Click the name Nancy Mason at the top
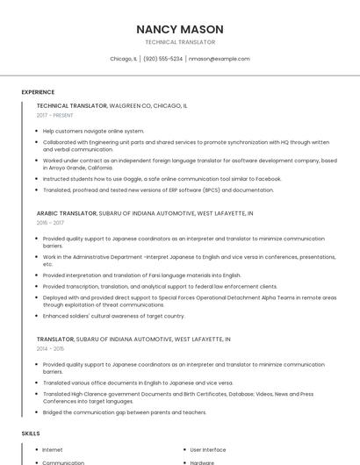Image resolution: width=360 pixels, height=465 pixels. (180, 29)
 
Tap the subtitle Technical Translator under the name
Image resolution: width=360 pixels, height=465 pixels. (180, 42)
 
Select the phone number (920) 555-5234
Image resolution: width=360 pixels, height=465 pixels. (162, 59)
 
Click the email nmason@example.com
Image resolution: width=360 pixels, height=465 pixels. (219, 59)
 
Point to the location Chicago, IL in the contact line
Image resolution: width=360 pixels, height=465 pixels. (124, 59)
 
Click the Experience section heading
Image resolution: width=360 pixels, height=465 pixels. (38, 92)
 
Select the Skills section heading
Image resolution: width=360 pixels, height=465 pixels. (31, 433)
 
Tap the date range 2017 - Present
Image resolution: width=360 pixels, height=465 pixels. (55, 116)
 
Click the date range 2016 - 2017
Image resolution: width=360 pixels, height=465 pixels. (50, 224)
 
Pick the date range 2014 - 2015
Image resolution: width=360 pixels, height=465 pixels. (50, 348)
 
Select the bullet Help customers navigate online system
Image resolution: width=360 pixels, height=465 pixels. (93, 131)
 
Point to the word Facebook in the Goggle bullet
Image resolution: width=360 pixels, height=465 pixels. (269, 178)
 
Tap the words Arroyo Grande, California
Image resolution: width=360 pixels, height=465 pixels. (77, 167)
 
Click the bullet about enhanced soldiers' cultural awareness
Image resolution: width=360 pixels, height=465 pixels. (114, 316)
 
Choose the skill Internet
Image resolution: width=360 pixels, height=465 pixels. (53, 450)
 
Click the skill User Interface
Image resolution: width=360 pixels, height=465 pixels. (208, 450)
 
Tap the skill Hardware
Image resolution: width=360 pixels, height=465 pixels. (202, 462)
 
